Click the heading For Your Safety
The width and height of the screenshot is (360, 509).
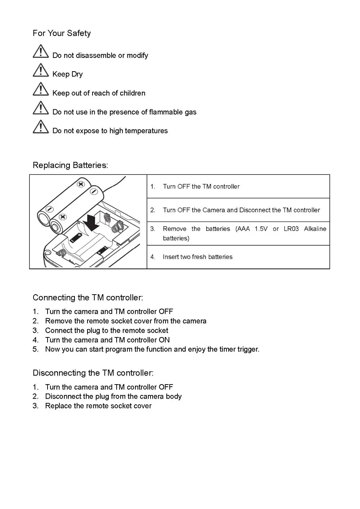[62, 33]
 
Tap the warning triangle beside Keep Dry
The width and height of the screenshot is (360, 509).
[41, 70]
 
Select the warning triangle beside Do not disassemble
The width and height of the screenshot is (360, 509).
[41, 51]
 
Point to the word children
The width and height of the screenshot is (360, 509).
[132, 93]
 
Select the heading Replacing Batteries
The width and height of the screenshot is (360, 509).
[70, 165]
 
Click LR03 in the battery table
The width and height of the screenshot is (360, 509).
[291, 229]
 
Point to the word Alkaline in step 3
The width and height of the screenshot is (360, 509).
[315, 229]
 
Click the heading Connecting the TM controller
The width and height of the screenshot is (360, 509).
[88, 298]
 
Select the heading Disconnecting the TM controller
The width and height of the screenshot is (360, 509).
[93, 373]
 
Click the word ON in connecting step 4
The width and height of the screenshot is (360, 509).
[164, 340]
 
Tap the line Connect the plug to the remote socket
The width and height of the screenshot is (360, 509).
[107, 331]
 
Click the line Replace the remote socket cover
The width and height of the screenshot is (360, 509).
[98, 406]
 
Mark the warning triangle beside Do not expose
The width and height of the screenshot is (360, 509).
[41, 127]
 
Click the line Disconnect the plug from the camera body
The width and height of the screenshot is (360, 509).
[113, 396]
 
